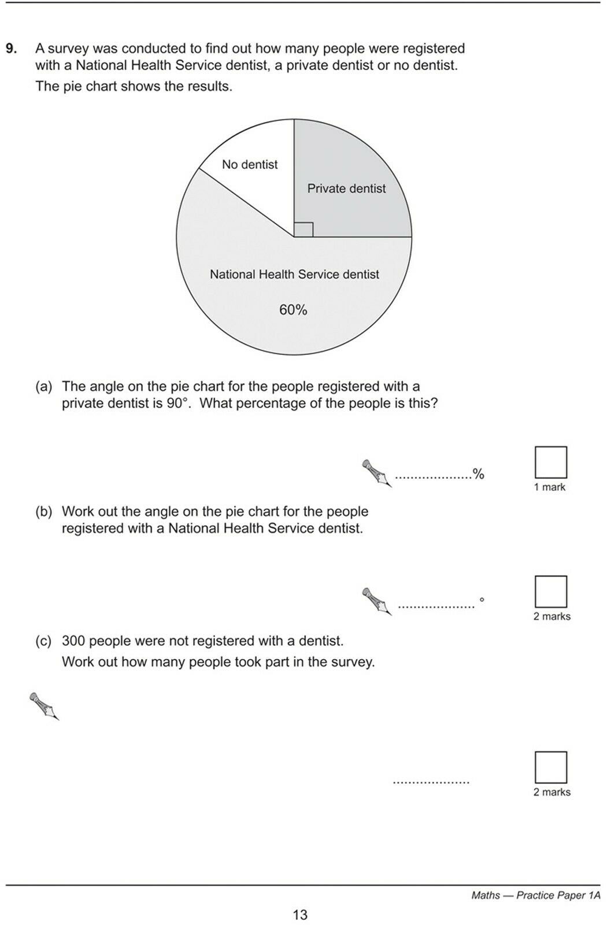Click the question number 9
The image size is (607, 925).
coord(11,49)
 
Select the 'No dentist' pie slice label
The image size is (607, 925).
coord(250,165)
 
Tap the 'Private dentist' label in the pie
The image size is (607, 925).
coord(346,188)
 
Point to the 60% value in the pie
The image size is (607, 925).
coord(293,310)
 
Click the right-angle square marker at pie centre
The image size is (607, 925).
coord(303,230)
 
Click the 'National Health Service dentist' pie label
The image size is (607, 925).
coord(294,275)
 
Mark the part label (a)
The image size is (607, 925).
coord(43,386)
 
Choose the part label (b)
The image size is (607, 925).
coord(43,512)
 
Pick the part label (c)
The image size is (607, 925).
coord(43,641)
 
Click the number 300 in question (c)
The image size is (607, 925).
coord(73,641)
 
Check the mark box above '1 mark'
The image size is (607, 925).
coord(550,462)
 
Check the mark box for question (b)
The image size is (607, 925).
coord(550,591)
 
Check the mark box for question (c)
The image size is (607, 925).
coord(550,767)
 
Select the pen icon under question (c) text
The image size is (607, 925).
coord(45,706)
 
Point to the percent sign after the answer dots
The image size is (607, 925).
coord(478,475)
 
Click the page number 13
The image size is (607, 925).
coord(300,915)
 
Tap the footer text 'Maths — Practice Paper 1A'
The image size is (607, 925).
coord(535,896)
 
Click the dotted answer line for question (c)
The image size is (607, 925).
coord(431,782)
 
